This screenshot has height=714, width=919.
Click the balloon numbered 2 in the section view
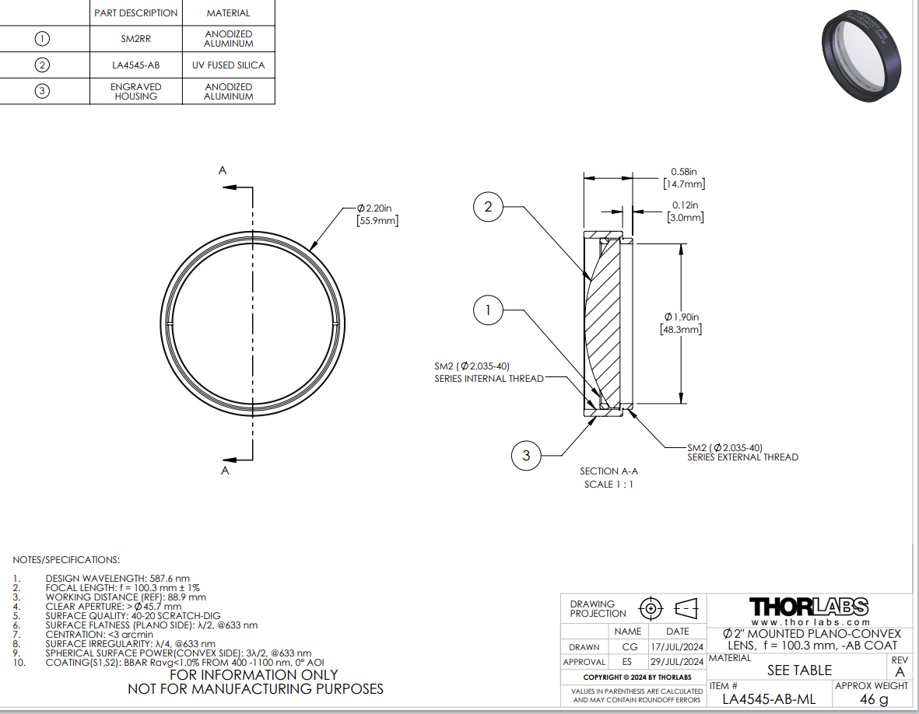pyautogui.click(x=488, y=207)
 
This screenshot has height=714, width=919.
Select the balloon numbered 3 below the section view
pyautogui.click(x=526, y=455)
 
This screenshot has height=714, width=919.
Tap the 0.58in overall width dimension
pyautogui.click(x=683, y=178)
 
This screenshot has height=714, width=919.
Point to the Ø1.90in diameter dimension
pyautogui.click(x=681, y=324)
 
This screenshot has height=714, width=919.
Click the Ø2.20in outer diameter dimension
pyautogui.click(x=377, y=215)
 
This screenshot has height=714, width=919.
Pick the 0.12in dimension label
pyautogui.click(x=685, y=212)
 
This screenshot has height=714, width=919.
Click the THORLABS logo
pyautogui.click(x=809, y=607)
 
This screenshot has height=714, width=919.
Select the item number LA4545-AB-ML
pyautogui.click(x=768, y=698)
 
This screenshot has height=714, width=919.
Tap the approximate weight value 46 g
pyautogui.click(x=874, y=698)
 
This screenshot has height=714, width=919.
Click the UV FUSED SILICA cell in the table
pyautogui.click(x=229, y=65)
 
